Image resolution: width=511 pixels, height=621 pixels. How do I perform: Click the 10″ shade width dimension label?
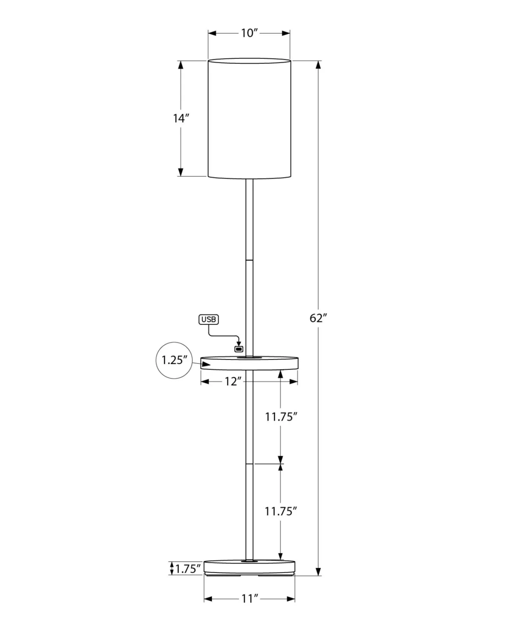click(249, 33)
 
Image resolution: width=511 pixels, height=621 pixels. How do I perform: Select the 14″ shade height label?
click(181, 118)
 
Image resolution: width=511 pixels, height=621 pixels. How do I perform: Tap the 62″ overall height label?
click(318, 318)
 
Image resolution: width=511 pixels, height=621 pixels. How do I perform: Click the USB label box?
click(209, 319)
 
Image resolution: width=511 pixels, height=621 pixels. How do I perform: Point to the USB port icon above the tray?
click(239, 349)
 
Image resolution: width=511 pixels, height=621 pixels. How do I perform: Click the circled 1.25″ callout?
click(174, 360)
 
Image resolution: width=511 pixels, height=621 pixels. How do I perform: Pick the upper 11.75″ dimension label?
click(281, 417)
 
